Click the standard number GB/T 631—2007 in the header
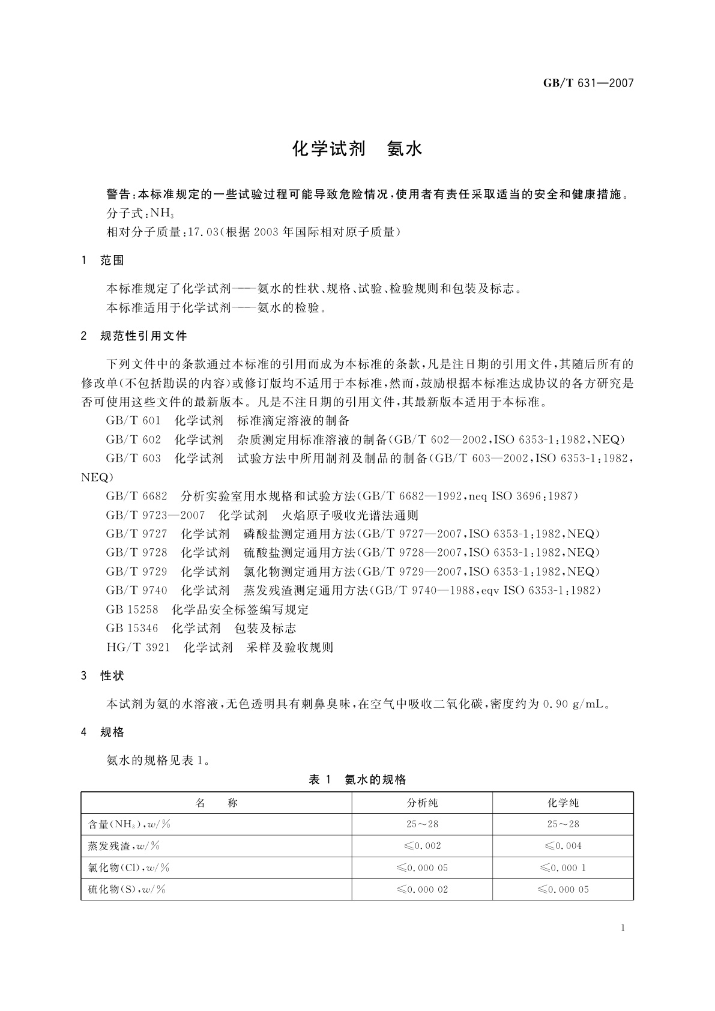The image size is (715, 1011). pos(588,83)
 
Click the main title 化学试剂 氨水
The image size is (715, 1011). pos(357,149)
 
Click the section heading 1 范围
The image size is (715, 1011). pos(103,260)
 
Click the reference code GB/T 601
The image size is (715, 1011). pos(133,420)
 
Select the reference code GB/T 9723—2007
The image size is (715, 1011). pos(155,515)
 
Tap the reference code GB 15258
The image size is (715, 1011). pos(132,609)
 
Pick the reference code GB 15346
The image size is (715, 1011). pos(132,629)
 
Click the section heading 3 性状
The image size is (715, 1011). pos(103,675)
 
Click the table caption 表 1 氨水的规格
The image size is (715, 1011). pos(357,779)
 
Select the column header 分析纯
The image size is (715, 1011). pos(422,803)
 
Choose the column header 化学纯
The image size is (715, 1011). pos(563,803)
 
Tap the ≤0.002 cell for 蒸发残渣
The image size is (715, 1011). pos(422,846)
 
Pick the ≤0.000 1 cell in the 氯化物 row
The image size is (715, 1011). pos(563,868)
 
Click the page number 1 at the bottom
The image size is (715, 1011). pos(623,928)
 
